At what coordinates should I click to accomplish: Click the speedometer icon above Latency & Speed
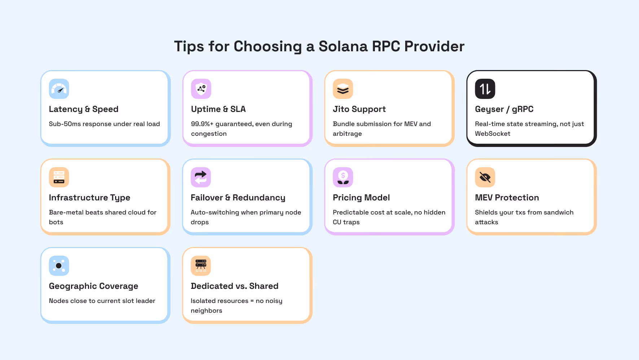59,89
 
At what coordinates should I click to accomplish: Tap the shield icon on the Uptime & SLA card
201,89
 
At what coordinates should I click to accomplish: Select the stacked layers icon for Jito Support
343,89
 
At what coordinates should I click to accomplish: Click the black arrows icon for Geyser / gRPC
485,89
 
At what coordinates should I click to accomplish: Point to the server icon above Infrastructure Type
59,177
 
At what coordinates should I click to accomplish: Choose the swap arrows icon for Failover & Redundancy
201,177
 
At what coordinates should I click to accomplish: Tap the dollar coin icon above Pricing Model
343,177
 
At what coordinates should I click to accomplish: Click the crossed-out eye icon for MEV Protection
485,177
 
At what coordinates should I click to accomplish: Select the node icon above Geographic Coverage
59,266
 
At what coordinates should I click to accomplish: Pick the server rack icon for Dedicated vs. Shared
201,266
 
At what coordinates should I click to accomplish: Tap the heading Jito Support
359,109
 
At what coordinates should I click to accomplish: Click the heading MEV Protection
507,198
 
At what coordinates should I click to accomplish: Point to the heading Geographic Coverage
93,286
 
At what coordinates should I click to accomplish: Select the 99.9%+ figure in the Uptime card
202,124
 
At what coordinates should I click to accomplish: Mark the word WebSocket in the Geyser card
493,134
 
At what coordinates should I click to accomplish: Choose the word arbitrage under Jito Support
347,134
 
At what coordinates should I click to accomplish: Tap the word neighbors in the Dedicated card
206,311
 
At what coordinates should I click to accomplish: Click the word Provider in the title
434,47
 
